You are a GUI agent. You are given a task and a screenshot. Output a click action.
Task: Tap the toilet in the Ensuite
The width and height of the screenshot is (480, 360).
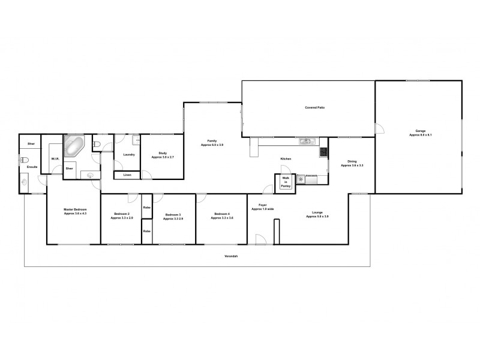[x=25, y=160]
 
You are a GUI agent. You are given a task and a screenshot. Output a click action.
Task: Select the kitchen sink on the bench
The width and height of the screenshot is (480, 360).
[x=307, y=142]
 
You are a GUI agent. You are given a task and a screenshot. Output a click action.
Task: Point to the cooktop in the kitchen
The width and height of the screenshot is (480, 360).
[x=323, y=152]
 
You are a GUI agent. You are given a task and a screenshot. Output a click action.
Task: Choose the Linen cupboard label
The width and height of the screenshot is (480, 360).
[x=127, y=175]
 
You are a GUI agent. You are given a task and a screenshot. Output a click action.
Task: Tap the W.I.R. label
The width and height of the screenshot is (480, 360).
[x=55, y=159]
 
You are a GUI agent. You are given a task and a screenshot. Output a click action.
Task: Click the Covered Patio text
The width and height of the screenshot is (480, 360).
[x=315, y=108]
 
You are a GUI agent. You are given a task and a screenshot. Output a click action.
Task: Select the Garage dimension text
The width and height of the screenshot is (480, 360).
[x=421, y=135]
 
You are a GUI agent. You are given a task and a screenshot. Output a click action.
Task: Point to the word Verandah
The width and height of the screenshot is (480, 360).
[x=231, y=256]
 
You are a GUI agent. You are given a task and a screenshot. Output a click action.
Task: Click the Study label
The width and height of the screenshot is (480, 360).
[x=162, y=153]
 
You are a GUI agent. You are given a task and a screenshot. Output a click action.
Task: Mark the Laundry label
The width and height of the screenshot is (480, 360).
[x=128, y=155]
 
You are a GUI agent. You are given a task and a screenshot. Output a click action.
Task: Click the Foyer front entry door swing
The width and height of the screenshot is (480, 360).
[x=261, y=239]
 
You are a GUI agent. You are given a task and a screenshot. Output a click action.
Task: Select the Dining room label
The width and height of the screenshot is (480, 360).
[x=352, y=161]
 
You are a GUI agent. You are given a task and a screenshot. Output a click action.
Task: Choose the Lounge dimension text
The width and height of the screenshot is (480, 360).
[x=317, y=216]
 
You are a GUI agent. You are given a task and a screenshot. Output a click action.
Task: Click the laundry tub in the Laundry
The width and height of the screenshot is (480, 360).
[x=137, y=140]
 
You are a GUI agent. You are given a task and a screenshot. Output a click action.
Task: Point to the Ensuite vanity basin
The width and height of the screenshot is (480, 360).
[x=25, y=182]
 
